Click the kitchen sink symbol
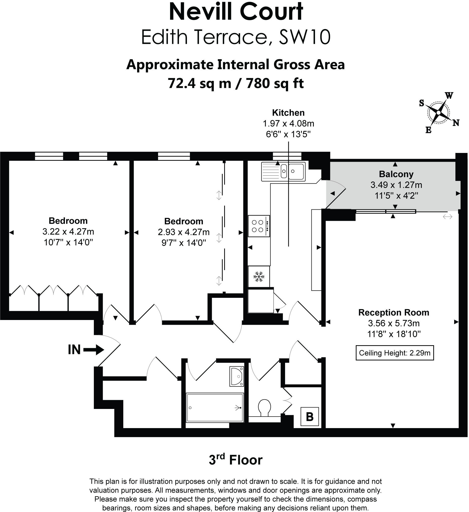pos(283,172)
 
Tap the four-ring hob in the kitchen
pos(259,226)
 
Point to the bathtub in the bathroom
pos(215,408)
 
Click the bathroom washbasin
pos(237,376)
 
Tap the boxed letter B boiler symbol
pos(309,417)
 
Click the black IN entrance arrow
pos(94,350)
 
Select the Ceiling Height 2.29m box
pos(395,353)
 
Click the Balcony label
pos(396,174)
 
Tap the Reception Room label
pos(394,312)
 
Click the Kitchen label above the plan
pos(288,113)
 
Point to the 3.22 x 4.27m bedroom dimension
pos(68,232)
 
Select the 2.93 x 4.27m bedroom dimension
pos(184,232)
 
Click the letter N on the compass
pos(456,123)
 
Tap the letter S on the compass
pos(421,103)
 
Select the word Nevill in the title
pos(200,12)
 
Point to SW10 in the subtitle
pos(304,37)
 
